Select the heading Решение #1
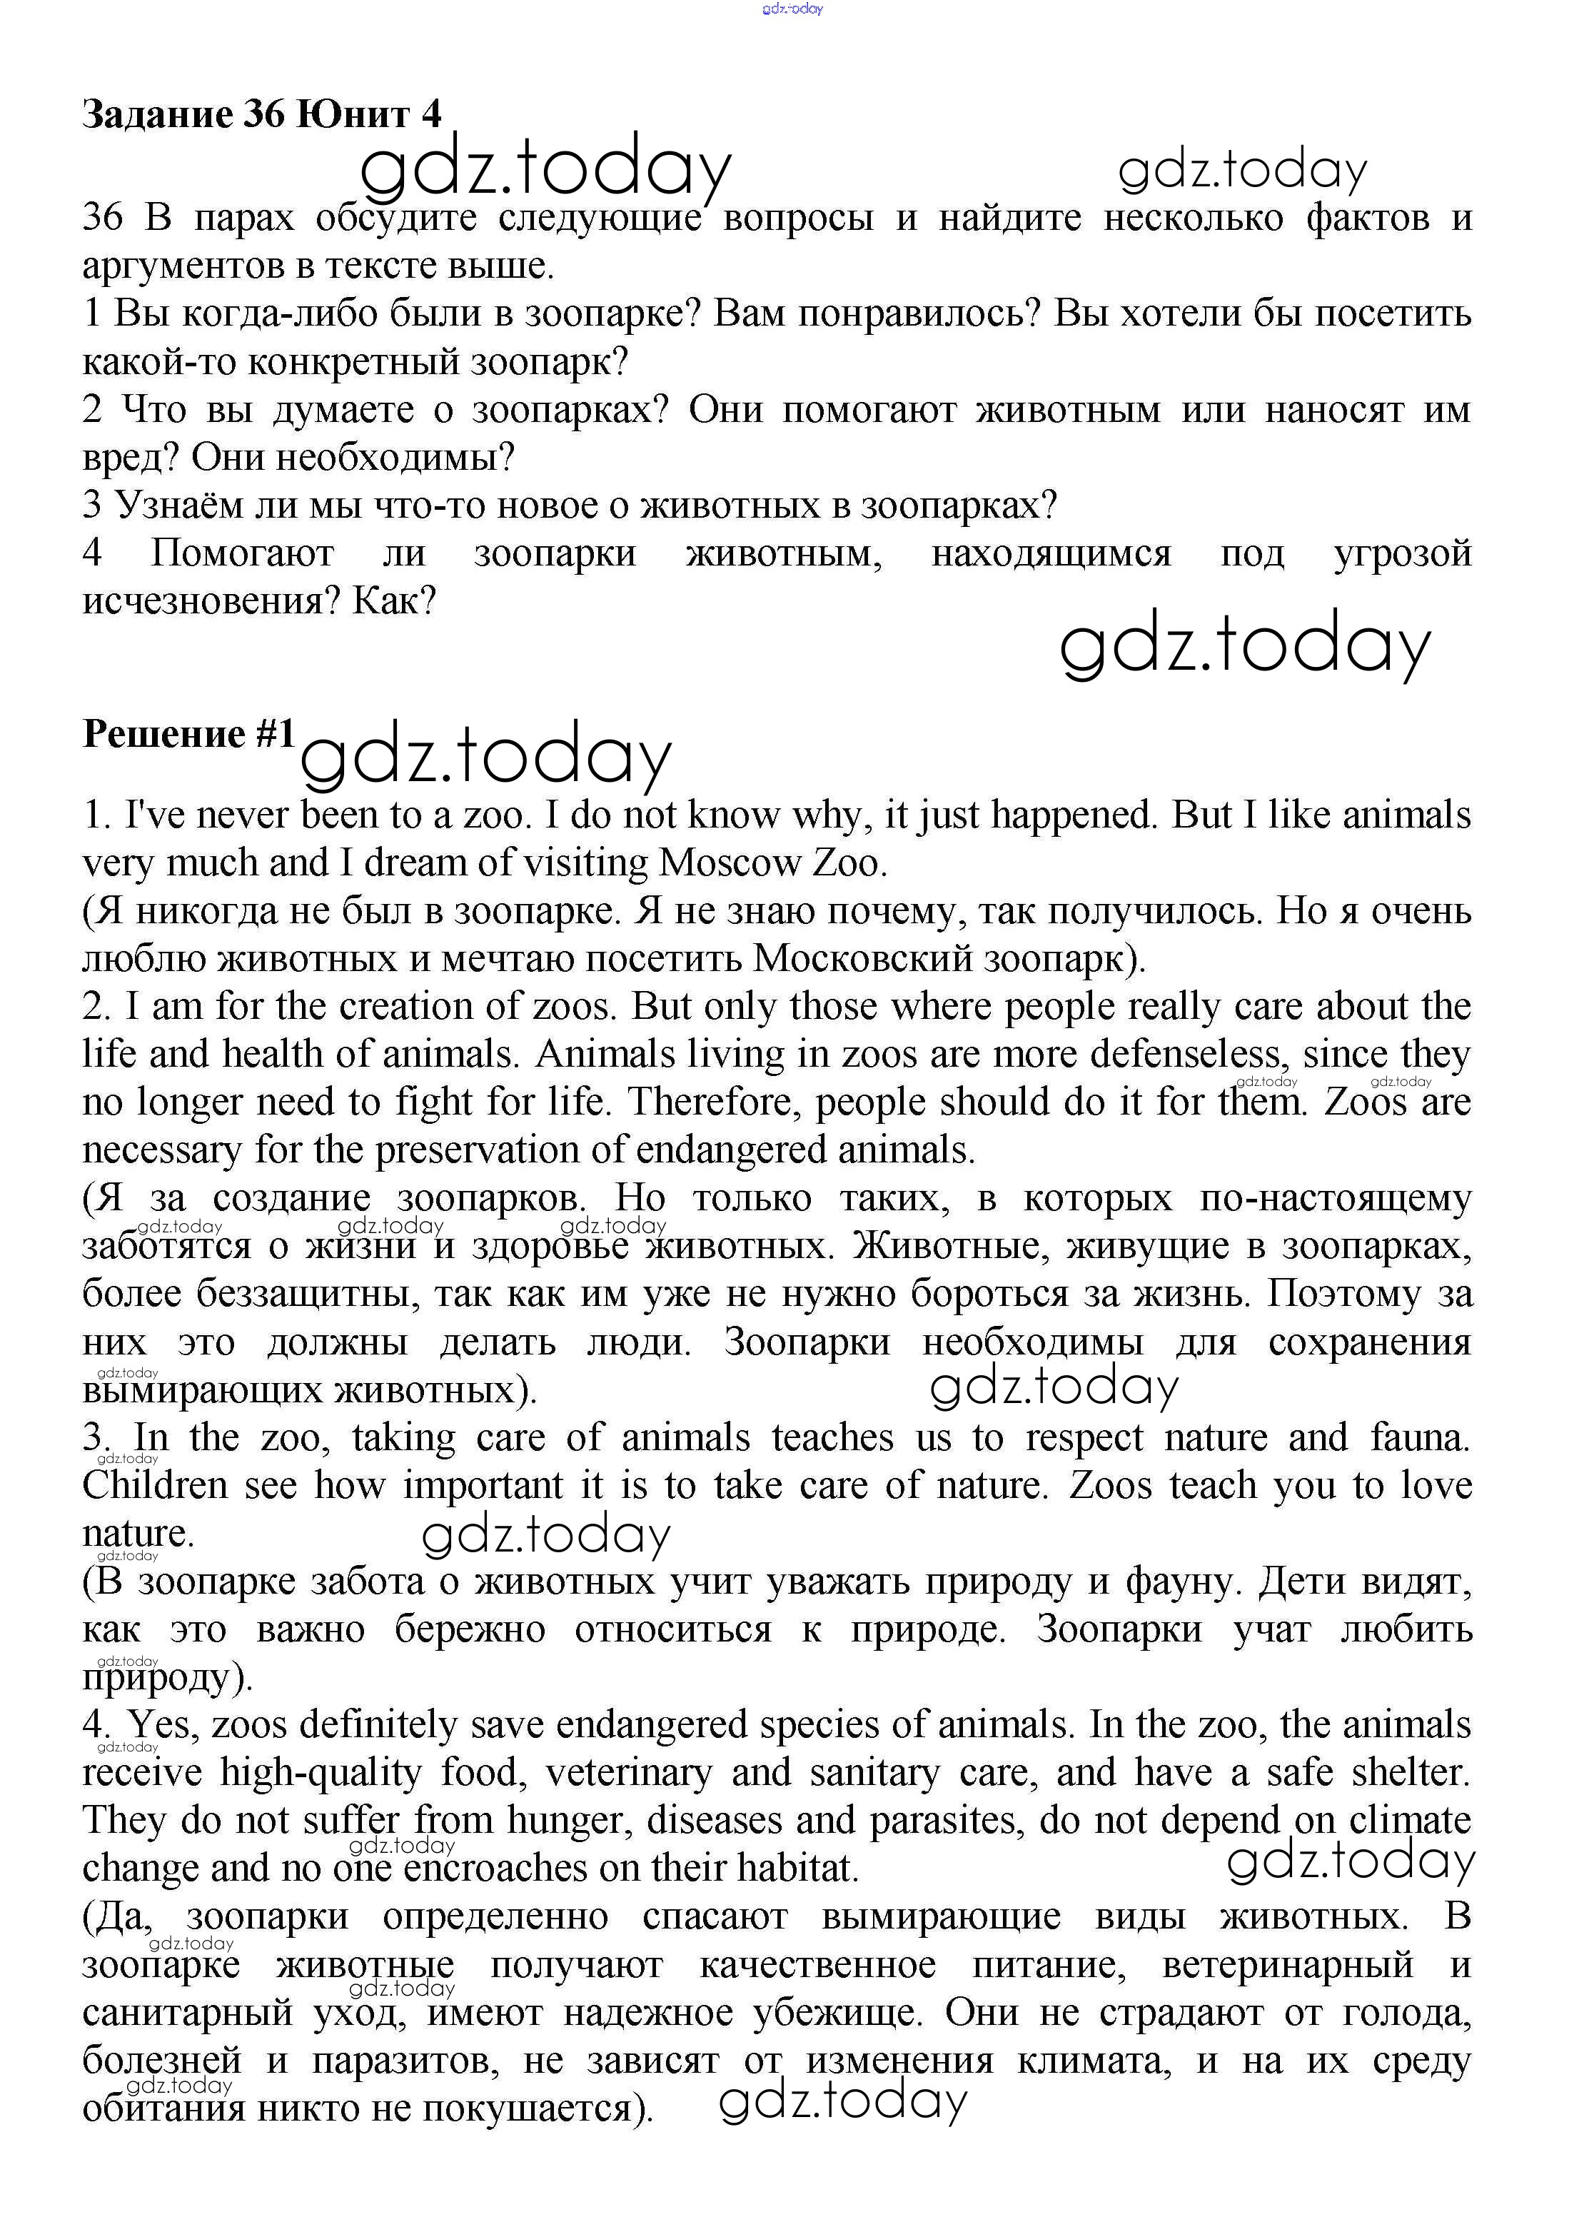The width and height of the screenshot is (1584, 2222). (188, 733)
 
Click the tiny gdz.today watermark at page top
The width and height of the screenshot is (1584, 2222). (792, 9)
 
